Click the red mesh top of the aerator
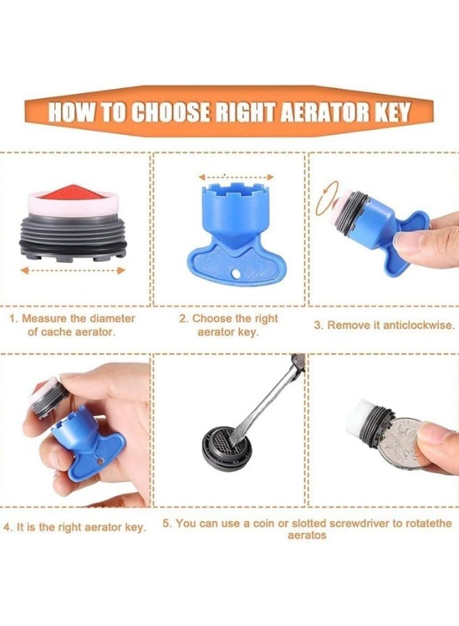(72, 193)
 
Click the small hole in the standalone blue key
(236, 273)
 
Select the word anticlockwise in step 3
(418, 325)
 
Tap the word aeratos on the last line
(307, 536)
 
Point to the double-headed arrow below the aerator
(72, 271)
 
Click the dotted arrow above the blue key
(236, 177)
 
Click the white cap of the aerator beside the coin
(360, 419)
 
